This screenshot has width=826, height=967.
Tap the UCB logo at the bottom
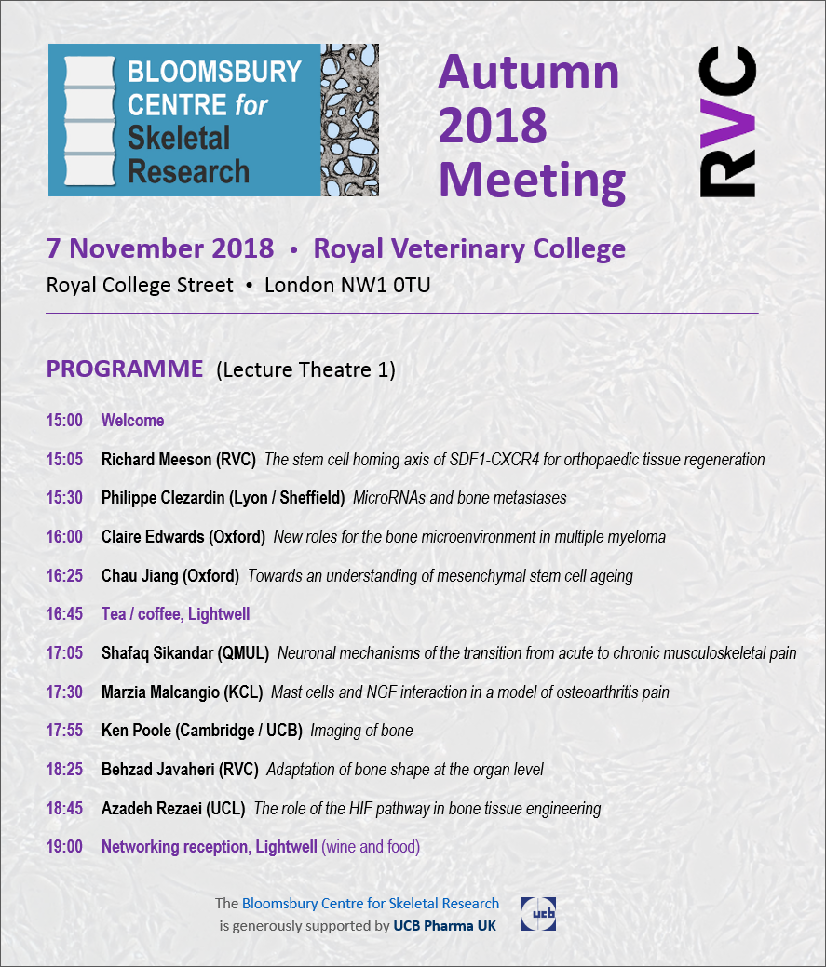pos(539,914)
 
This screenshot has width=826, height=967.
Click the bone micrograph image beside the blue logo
pos(349,119)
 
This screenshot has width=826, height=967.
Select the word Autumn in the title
pos(528,73)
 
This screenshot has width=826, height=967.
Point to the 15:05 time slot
pos(64,460)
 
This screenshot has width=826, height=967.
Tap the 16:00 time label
pos(64,537)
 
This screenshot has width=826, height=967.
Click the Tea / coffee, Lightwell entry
pos(175,614)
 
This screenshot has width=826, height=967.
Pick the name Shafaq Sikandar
pos(158,653)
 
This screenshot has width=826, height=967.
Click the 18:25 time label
pos(64,770)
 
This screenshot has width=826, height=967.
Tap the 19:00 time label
pos(64,847)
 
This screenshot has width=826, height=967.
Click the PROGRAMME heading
pos(125,369)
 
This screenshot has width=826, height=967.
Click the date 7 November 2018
pos(160,249)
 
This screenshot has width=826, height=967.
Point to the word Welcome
pos(132,421)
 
